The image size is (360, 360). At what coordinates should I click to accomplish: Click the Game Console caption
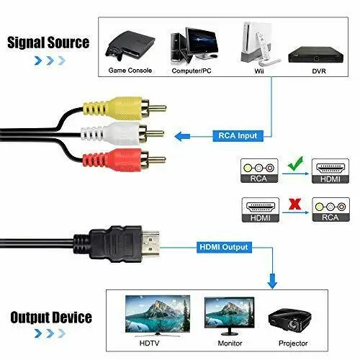(x=130, y=71)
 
